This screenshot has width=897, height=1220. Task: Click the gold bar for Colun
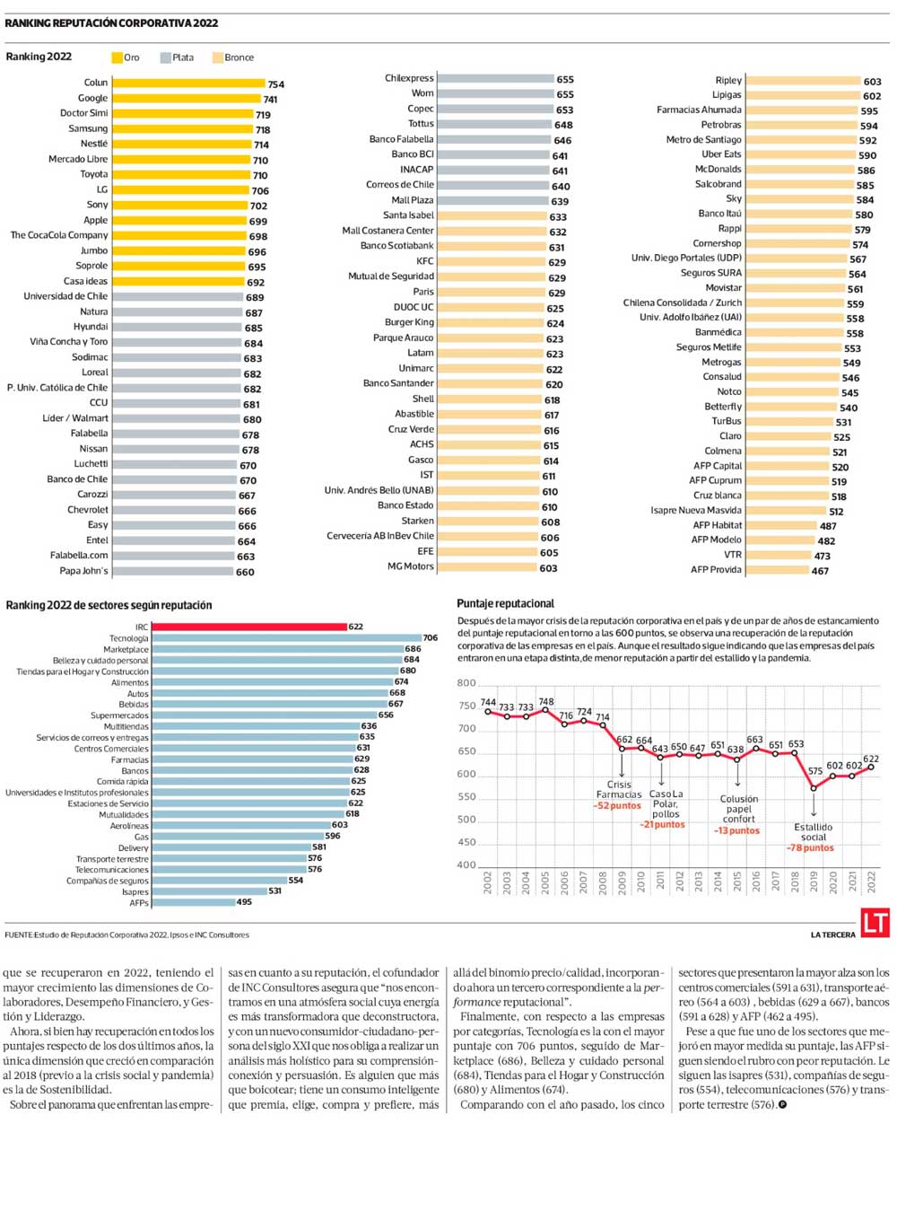pyautogui.click(x=188, y=83)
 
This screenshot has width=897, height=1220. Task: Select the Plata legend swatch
pyautogui.click(x=165, y=57)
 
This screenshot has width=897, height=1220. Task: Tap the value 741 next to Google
pyautogui.click(x=270, y=100)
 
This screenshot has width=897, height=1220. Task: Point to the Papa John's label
pyautogui.click(x=83, y=571)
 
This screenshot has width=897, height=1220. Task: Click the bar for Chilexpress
pyautogui.click(x=495, y=79)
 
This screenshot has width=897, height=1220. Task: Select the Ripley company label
pyautogui.click(x=728, y=80)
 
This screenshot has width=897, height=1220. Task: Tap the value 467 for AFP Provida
pyautogui.click(x=820, y=571)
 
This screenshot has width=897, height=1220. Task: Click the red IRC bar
pyautogui.click(x=249, y=627)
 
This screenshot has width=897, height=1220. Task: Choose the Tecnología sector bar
pyautogui.click(x=286, y=638)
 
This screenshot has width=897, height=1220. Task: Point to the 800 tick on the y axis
pyautogui.click(x=466, y=683)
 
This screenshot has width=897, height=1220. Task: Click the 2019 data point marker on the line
pyautogui.click(x=814, y=788)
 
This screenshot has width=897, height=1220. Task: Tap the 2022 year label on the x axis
pyautogui.click(x=871, y=882)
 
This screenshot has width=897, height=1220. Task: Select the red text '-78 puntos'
pyautogui.click(x=810, y=848)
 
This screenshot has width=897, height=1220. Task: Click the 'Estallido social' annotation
pyautogui.click(x=813, y=832)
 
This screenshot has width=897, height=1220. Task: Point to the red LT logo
pyautogui.click(x=875, y=923)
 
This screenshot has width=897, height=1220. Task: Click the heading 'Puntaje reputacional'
pyautogui.click(x=505, y=603)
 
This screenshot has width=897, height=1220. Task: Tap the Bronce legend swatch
pyautogui.click(x=217, y=57)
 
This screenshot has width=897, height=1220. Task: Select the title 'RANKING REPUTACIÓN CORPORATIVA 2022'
pyautogui.click(x=111, y=23)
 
